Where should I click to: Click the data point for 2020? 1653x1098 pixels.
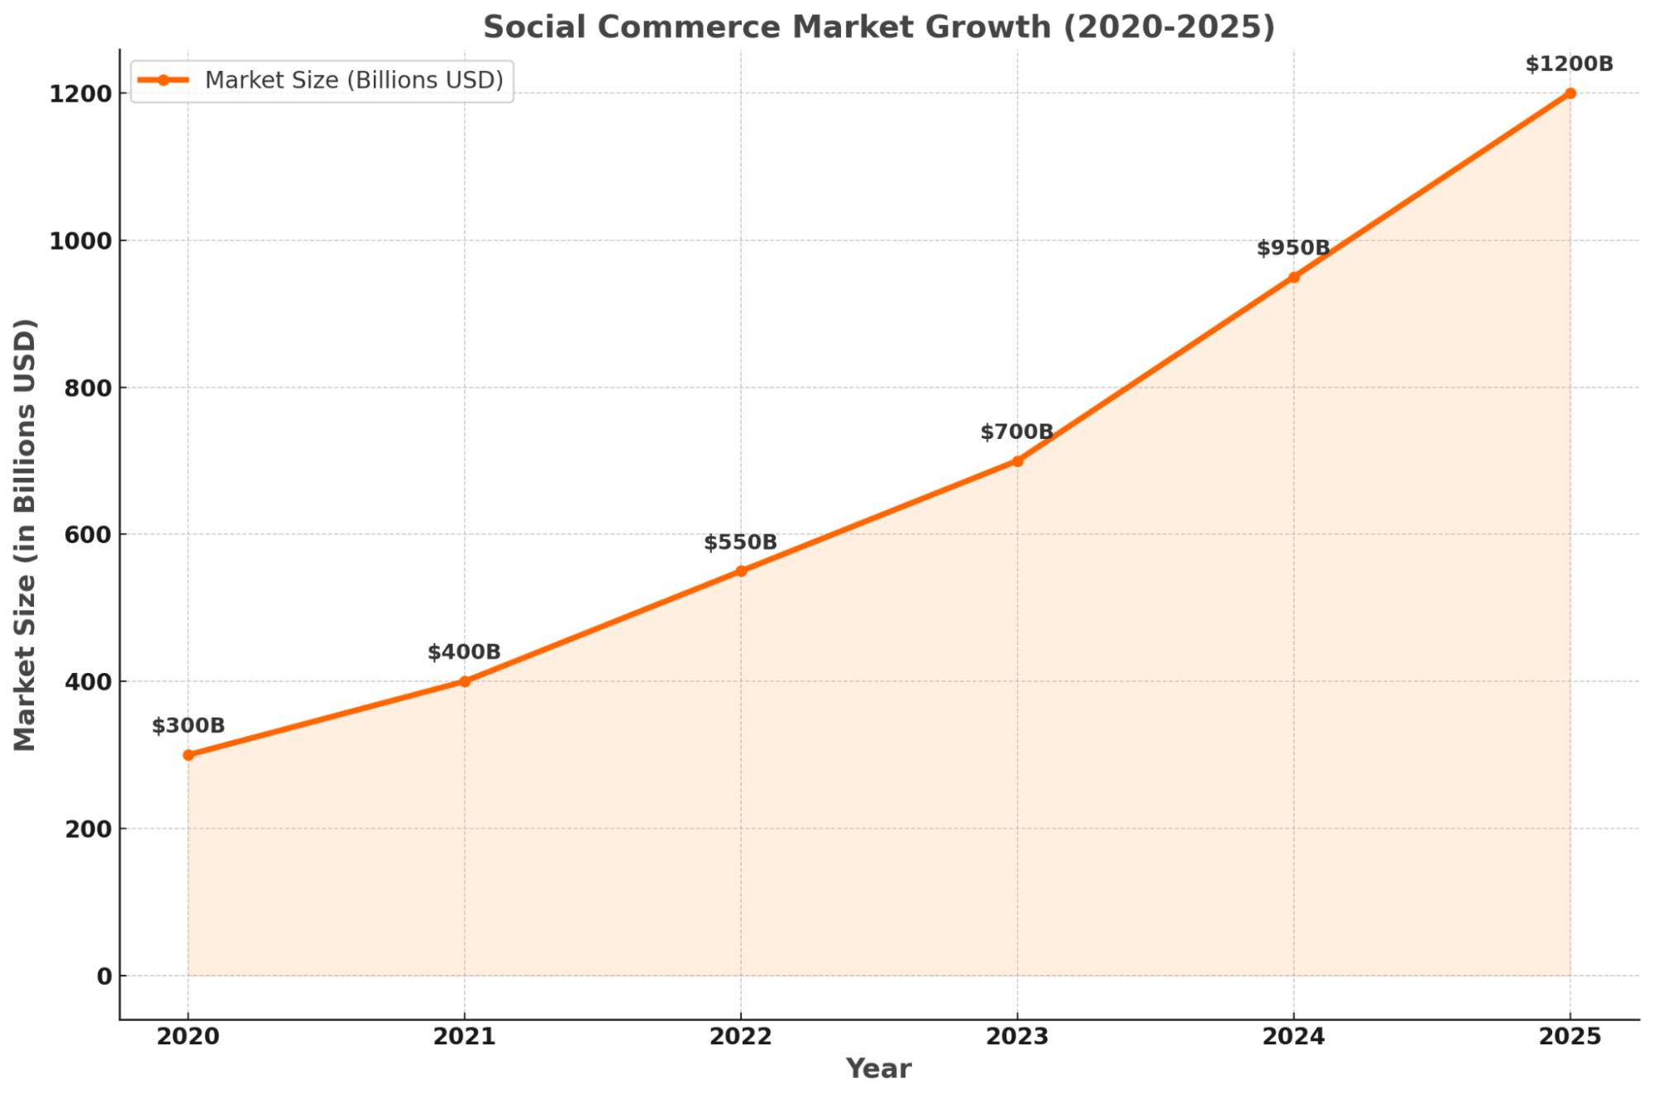pyautogui.click(x=189, y=755)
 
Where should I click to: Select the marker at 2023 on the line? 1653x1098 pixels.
pyautogui.click(x=1017, y=461)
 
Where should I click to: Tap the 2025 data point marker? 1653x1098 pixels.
pyautogui.click(x=1569, y=93)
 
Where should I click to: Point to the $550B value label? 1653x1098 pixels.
pyautogui.click(x=740, y=542)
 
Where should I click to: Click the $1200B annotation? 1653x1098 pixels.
pyautogui.click(x=1569, y=64)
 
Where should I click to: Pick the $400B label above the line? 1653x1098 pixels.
pyautogui.click(x=464, y=652)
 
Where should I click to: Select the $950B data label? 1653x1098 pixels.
pyautogui.click(x=1293, y=248)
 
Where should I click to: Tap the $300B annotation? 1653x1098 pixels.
pyautogui.click(x=188, y=726)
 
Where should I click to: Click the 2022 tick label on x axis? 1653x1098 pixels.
pyautogui.click(x=740, y=1037)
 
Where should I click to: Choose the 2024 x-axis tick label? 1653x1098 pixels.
pyautogui.click(x=1293, y=1037)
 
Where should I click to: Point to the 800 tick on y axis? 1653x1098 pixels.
pyautogui.click(x=88, y=388)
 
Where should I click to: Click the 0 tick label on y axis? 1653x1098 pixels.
pyautogui.click(x=104, y=976)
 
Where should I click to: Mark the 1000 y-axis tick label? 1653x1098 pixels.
pyautogui.click(x=80, y=241)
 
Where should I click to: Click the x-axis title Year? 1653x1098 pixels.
pyautogui.click(x=878, y=1069)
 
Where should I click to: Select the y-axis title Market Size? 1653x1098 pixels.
pyautogui.click(x=26, y=535)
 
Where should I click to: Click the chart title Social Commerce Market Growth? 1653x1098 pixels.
pyautogui.click(x=878, y=27)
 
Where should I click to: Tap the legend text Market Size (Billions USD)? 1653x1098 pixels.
pyautogui.click(x=354, y=80)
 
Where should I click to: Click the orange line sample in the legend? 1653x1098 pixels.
pyautogui.click(x=164, y=80)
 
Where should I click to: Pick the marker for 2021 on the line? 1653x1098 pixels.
pyautogui.click(x=465, y=681)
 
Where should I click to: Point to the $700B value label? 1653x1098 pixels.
pyautogui.click(x=1016, y=432)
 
